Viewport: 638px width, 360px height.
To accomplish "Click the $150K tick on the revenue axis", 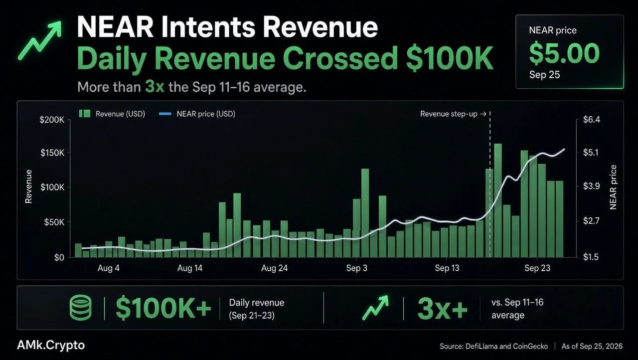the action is [x=52, y=153].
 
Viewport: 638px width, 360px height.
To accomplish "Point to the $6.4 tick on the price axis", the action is [x=592, y=119].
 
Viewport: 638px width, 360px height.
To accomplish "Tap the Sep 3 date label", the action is [x=356, y=268].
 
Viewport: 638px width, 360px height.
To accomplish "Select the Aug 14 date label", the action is [x=190, y=268].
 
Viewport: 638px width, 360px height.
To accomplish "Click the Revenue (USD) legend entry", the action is [x=112, y=114].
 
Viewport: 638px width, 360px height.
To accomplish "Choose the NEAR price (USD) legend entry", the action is [x=197, y=114].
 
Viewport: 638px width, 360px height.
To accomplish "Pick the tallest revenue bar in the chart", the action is [x=498, y=200].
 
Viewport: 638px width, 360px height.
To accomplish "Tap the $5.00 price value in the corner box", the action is [x=564, y=53].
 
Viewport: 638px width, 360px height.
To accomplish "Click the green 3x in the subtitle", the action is [x=155, y=86].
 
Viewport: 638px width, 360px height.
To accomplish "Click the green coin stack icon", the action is [x=81, y=308].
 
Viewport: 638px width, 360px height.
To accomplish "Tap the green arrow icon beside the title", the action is [x=40, y=40].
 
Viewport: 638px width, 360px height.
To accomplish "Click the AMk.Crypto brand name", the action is [x=51, y=345].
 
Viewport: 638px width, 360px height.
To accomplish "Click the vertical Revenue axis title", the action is [x=28, y=186].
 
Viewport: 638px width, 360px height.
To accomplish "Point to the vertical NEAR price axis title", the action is [x=613, y=187].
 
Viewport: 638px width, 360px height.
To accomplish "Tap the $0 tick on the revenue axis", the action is [x=59, y=257].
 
